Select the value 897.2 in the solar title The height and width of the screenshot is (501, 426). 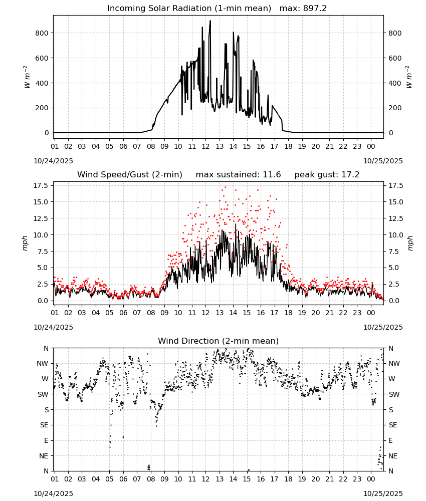pyautogui.click(x=315, y=8)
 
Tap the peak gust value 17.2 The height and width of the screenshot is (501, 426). pyautogui.click(x=351, y=174)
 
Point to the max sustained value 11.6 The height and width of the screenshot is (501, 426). pyautogui.click(x=272, y=174)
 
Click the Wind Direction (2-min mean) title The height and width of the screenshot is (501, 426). pyautogui.click(x=219, y=341)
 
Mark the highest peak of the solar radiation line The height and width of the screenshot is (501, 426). pyautogui.click(x=210, y=21)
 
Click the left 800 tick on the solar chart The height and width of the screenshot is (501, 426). pyautogui.click(x=42, y=33)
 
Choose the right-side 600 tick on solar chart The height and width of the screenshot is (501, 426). pyautogui.click(x=395, y=58)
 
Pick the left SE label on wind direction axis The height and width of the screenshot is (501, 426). pyautogui.click(x=44, y=425)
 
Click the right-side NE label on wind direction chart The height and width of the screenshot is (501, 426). pyautogui.click(x=393, y=456)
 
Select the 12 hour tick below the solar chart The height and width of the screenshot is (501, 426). pyautogui.click(x=205, y=146)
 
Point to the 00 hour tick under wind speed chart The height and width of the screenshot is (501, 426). pyautogui.click(x=371, y=313)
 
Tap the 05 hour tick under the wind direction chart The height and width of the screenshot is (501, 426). pyautogui.click(x=109, y=479)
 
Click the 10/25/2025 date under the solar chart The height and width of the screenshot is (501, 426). pyautogui.click(x=383, y=161)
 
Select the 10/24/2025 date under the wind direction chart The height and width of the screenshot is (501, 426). pyautogui.click(x=53, y=493)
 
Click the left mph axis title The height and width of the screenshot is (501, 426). pyautogui.click(x=25, y=243)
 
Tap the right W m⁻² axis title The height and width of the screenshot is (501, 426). pyautogui.click(x=409, y=77)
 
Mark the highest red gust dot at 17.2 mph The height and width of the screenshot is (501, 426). pyautogui.click(x=225, y=187)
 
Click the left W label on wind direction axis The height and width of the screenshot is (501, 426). pyautogui.click(x=45, y=379)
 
